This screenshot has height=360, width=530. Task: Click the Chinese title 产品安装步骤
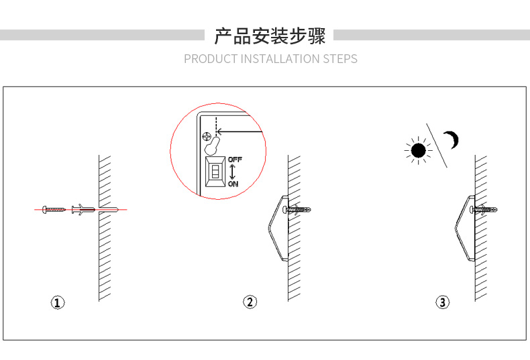point(269,36)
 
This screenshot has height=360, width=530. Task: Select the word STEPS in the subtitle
point(340,59)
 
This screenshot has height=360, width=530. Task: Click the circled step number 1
point(58,302)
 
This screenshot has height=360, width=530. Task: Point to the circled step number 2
point(250,302)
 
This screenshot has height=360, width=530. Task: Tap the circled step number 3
point(442,302)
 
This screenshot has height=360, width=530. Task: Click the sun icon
point(419,150)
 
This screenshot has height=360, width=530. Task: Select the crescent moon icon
point(454,140)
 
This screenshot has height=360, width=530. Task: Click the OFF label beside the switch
point(234,160)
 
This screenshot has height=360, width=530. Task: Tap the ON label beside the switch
point(232,183)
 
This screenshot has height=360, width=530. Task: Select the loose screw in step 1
point(54,210)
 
